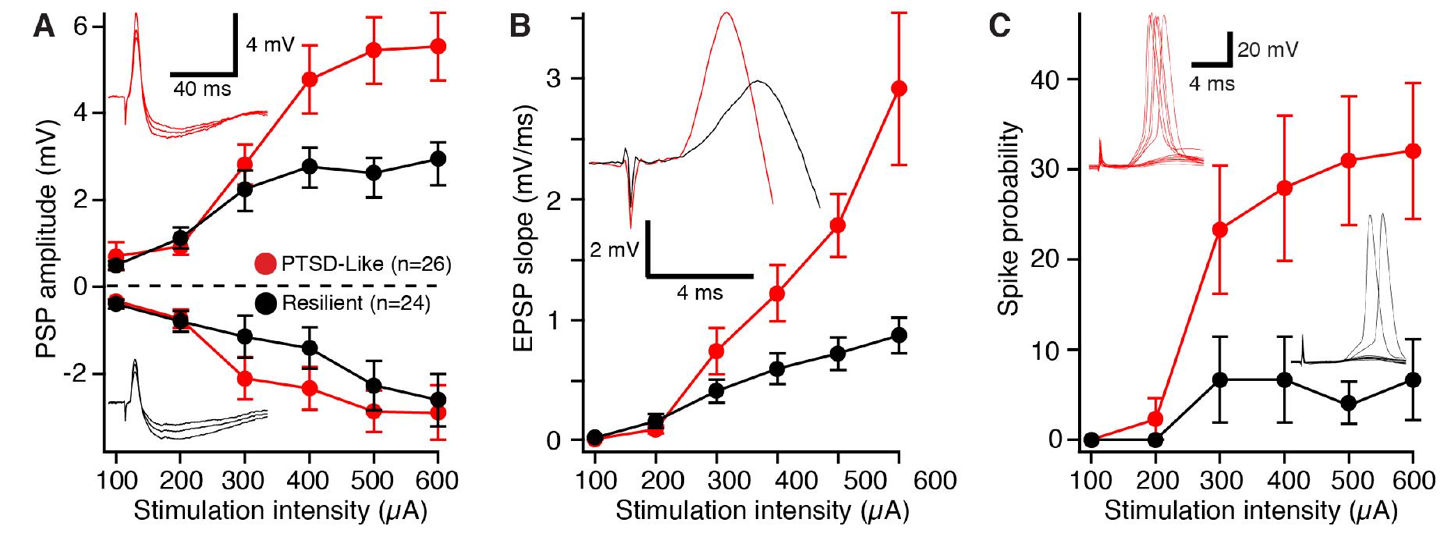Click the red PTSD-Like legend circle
coord(266,263)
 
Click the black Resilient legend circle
coord(266,304)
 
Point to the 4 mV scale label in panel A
coord(270,45)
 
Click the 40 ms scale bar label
coord(201,89)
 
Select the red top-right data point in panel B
coord(899,88)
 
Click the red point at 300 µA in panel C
coord(1220,229)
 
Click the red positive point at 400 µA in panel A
coord(309,80)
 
